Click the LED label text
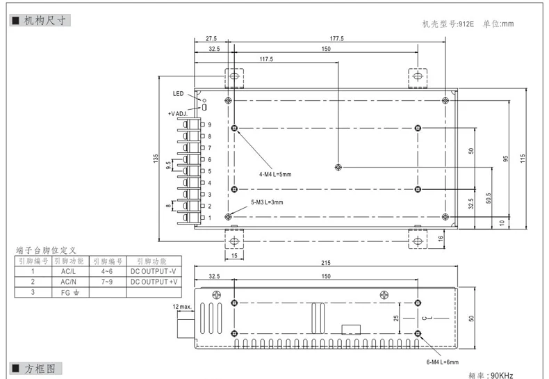tap(178, 93)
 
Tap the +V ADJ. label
tap(178, 114)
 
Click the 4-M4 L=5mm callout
tap(275, 174)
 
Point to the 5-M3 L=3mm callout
tap(267, 202)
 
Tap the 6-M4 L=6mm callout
tap(442, 362)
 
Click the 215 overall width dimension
tap(326, 263)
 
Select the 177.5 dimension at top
tap(337, 38)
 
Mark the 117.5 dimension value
tap(266, 59)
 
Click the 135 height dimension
tap(156, 159)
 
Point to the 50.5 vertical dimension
tap(489, 198)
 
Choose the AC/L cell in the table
tap(68, 271)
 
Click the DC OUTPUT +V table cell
tap(154, 282)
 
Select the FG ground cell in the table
tap(70, 293)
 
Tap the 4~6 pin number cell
tap(107, 271)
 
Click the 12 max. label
tap(182, 307)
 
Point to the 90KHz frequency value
tap(502, 375)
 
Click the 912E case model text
tap(466, 24)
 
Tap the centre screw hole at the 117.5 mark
tap(338, 167)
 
